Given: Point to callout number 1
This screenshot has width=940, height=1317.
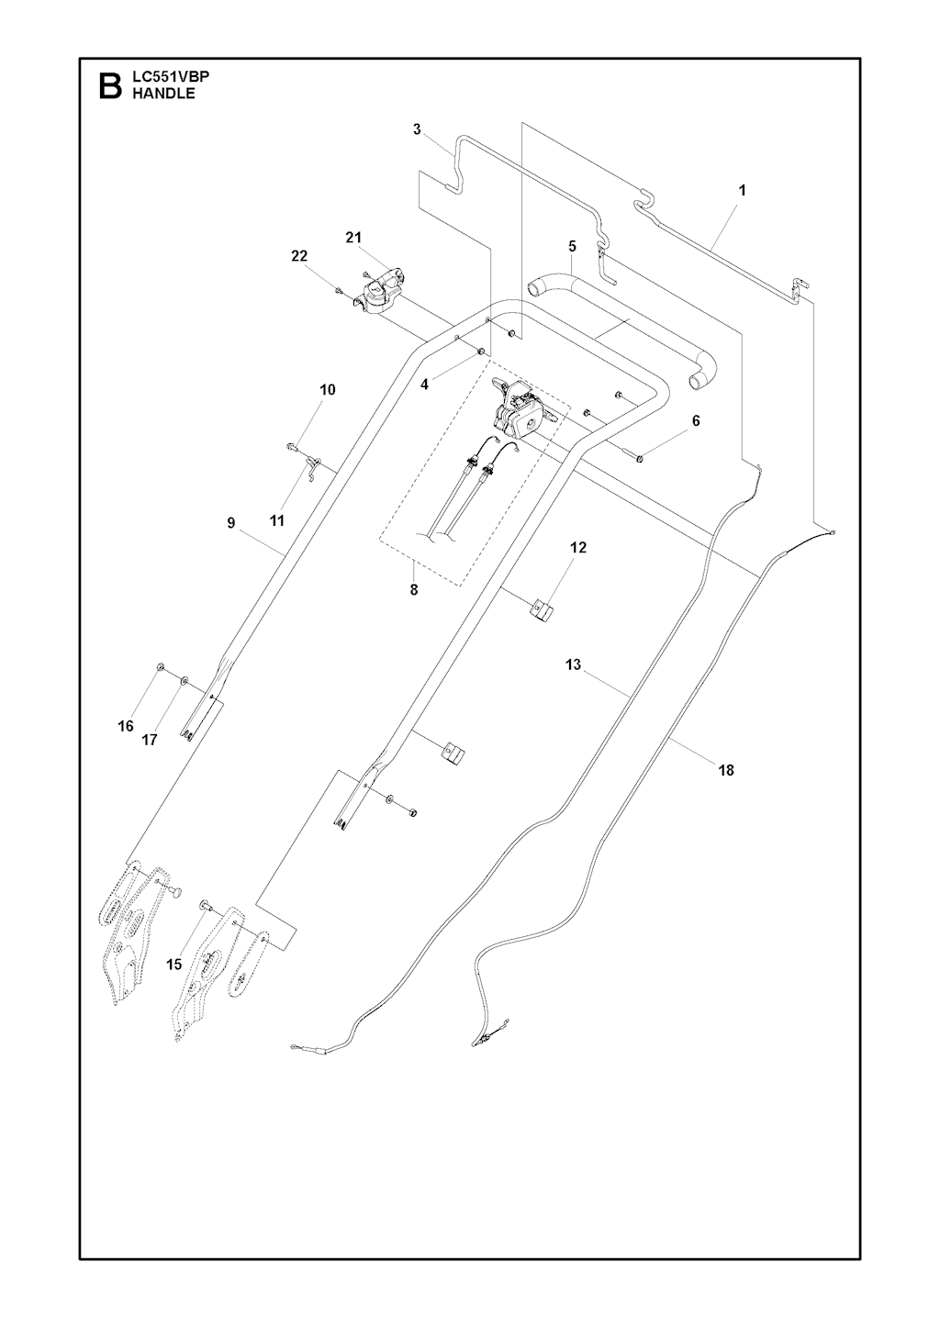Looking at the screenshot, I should point(742,191).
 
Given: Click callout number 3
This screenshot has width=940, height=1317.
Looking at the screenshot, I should point(417,129).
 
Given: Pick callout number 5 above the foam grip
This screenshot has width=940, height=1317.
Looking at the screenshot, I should point(572,246).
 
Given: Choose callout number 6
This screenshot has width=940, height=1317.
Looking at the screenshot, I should point(696,421).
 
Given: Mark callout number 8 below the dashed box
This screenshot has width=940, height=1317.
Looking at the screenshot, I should point(414,590).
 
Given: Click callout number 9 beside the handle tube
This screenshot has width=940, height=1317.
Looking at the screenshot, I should point(230,522).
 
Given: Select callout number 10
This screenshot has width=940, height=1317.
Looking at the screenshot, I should point(327,390).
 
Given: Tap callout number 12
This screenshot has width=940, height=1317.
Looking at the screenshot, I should point(578,547).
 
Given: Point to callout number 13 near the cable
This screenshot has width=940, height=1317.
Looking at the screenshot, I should point(574,664).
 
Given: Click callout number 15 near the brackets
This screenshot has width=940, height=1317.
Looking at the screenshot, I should point(174,965).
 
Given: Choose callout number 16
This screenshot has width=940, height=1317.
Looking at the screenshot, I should point(126,726).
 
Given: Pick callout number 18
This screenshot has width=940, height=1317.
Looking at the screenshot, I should point(726,771).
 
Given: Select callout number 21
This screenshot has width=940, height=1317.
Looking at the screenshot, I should point(353,238).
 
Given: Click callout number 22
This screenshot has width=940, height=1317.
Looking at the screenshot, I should point(299,256).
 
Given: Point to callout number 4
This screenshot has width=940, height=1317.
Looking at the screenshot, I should point(424,385).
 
